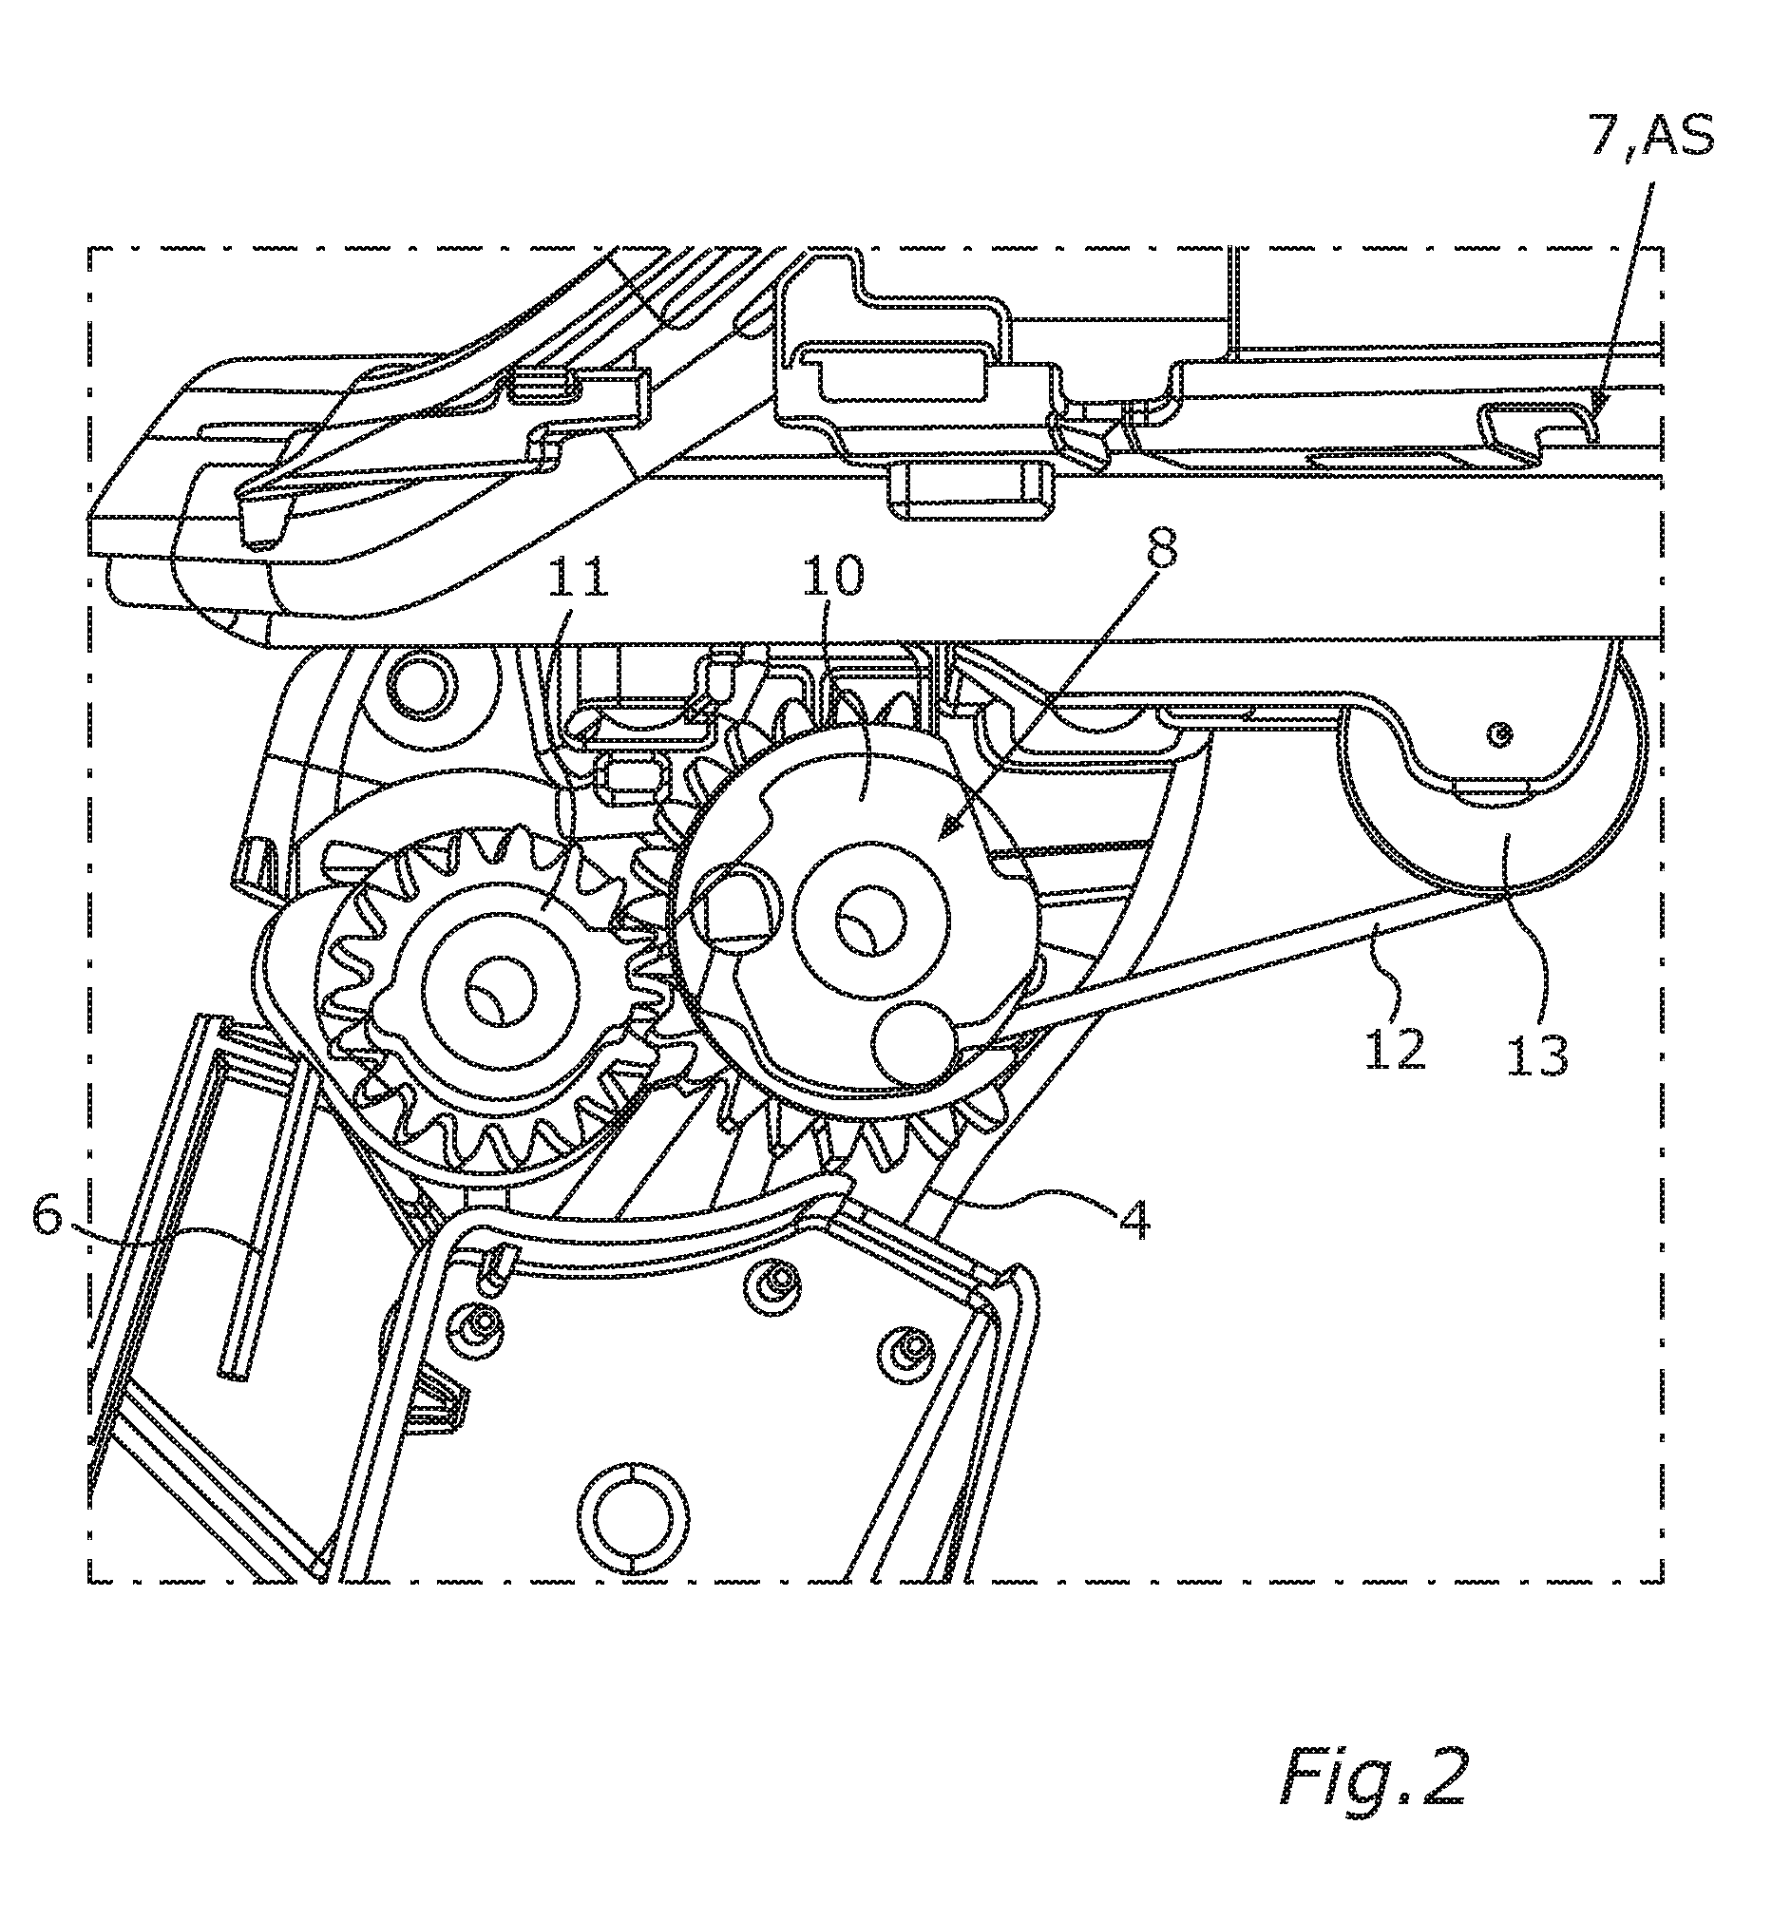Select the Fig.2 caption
point(1374,1777)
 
